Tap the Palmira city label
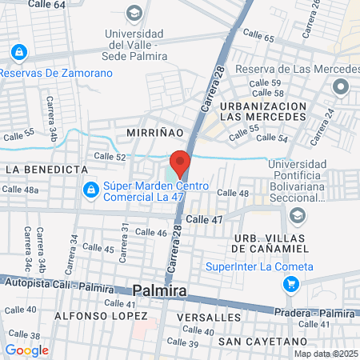click(x=160, y=291)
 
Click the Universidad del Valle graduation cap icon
click(x=134, y=14)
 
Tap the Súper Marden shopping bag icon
click(x=91, y=191)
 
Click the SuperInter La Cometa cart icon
click(x=292, y=284)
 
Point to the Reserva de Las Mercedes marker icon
click(x=342, y=86)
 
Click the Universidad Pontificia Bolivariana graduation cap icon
click(x=298, y=215)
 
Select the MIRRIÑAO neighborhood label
click(x=150, y=130)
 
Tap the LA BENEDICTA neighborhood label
click(x=46, y=170)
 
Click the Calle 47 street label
click(x=204, y=218)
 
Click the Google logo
click(x=26, y=350)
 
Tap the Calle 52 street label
click(x=110, y=157)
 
